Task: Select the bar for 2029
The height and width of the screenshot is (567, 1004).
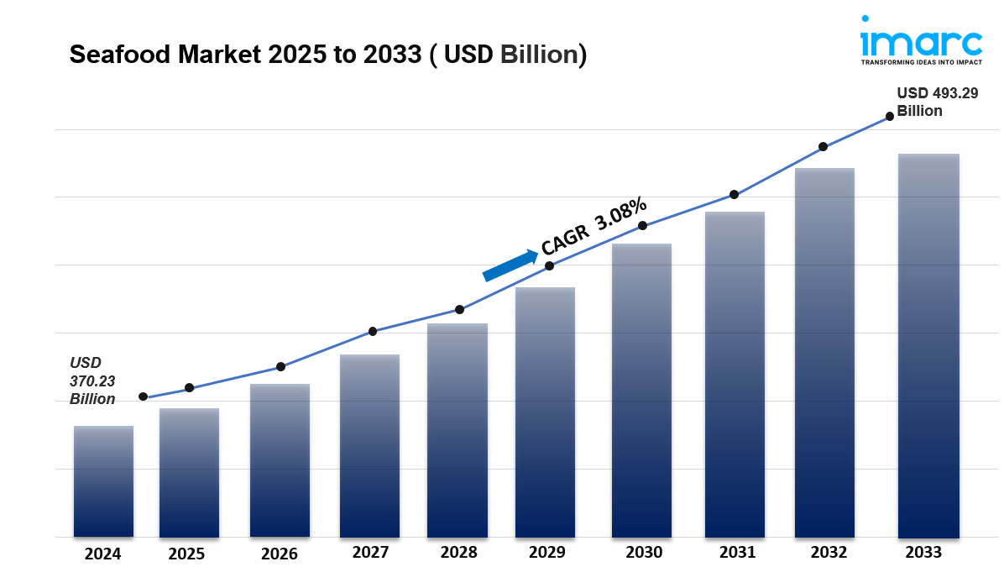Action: [545, 412]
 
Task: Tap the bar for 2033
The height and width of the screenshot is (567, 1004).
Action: [928, 345]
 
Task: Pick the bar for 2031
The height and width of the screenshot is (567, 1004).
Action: [735, 374]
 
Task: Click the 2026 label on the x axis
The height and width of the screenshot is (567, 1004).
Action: [280, 554]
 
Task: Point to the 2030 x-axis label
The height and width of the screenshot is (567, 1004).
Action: [644, 553]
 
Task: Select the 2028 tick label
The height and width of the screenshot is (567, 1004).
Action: [458, 552]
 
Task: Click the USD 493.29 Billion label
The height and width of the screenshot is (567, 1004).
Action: [937, 102]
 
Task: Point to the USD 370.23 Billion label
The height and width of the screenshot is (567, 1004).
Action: [92, 381]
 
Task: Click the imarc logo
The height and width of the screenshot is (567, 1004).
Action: [920, 39]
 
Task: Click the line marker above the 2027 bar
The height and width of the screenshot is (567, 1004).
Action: [373, 331]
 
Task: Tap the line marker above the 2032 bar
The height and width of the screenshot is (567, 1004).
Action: [823, 147]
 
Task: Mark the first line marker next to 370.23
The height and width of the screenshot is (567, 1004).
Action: [143, 396]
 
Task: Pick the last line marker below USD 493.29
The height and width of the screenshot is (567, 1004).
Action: [889, 117]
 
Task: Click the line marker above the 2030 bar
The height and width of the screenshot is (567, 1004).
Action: [642, 226]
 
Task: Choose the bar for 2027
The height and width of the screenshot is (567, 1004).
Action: [369, 445]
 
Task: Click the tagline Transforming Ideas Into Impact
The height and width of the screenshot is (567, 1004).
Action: [921, 62]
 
